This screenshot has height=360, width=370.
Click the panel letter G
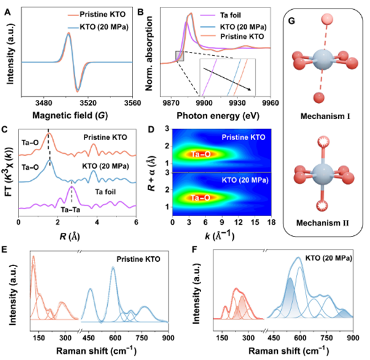tap(292, 21)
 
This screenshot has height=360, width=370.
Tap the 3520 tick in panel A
tap(88, 103)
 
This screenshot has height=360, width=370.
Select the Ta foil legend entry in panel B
tap(221, 15)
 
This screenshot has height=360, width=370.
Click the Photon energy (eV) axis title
tap(218, 115)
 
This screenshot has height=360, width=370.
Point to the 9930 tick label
tap(237, 103)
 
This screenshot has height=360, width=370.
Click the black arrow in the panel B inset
tap(227, 80)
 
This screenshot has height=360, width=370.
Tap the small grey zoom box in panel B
tap(179, 56)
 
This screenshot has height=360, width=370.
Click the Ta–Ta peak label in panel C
tap(70, 210)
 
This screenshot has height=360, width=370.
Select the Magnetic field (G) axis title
tap(70, 115)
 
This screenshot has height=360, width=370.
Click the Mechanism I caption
tap(325, 116)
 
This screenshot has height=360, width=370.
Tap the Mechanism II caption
tap(323, 223)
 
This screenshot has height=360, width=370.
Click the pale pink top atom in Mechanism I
tap(327, 19)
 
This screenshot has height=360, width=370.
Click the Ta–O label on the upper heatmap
tap(200, 154)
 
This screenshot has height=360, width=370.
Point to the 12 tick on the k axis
tap(239, 222)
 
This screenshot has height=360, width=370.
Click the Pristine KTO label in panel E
tap(138, 259)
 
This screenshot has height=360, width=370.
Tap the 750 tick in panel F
tap(327, 338)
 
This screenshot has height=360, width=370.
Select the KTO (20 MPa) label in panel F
tap(329, 258)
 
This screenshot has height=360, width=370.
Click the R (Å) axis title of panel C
tap(70, 237)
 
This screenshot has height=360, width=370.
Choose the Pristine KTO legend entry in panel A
tap(97, 15)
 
